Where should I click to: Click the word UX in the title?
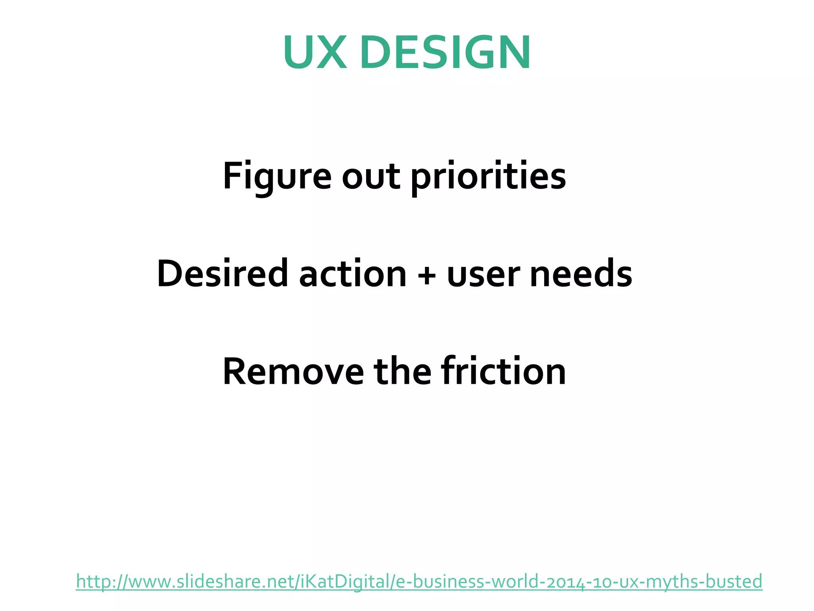tap(315, 53)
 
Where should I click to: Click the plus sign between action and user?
tap(427, 274)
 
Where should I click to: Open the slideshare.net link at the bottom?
tap(419, 582)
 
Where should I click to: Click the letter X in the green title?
tap(332, 53)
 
